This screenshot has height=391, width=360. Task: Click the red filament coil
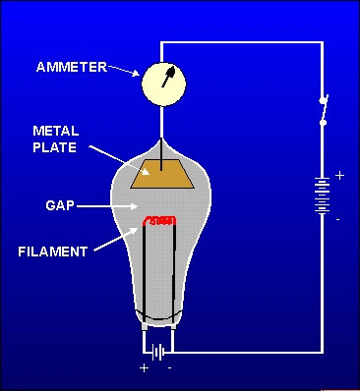coord(160,219)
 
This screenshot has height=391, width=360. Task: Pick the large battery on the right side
coord(321,195)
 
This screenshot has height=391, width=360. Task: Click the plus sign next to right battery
coord(340,175)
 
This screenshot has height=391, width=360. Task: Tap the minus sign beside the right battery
coord(338,219)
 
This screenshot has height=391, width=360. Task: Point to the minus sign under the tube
coord(170,367)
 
